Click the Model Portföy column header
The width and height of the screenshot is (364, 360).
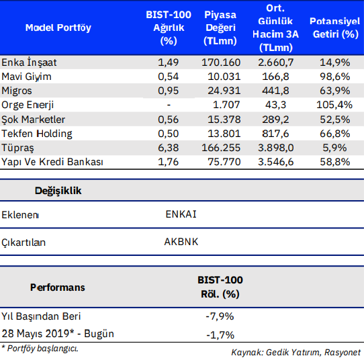point(58,28)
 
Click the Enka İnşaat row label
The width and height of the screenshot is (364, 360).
point(30,62)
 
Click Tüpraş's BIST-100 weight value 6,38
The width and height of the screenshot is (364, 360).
point(168,148)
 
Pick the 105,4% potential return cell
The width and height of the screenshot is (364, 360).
point(334,105)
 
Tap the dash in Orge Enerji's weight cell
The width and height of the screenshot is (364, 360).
point(168,105)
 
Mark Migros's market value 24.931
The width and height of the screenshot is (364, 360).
point(222,91)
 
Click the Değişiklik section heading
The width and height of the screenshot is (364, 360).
point(58,191)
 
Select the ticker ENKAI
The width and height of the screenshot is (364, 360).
point(181,215)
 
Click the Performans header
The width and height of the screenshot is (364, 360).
point(58,287)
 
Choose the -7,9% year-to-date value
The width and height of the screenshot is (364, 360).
point(220,316)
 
